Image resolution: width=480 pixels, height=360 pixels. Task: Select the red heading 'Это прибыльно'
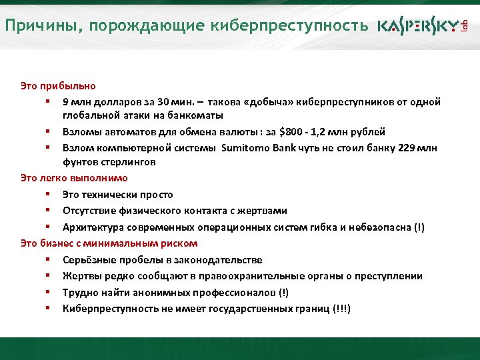click(58, 86)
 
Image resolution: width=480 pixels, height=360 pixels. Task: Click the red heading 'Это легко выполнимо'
click(74, 178)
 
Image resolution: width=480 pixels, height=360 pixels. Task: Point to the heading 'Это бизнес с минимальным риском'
click(109, 243)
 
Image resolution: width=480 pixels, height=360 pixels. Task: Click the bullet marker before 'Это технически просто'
click(49, 195)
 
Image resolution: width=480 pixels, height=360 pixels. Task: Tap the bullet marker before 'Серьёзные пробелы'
click(49, 260)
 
